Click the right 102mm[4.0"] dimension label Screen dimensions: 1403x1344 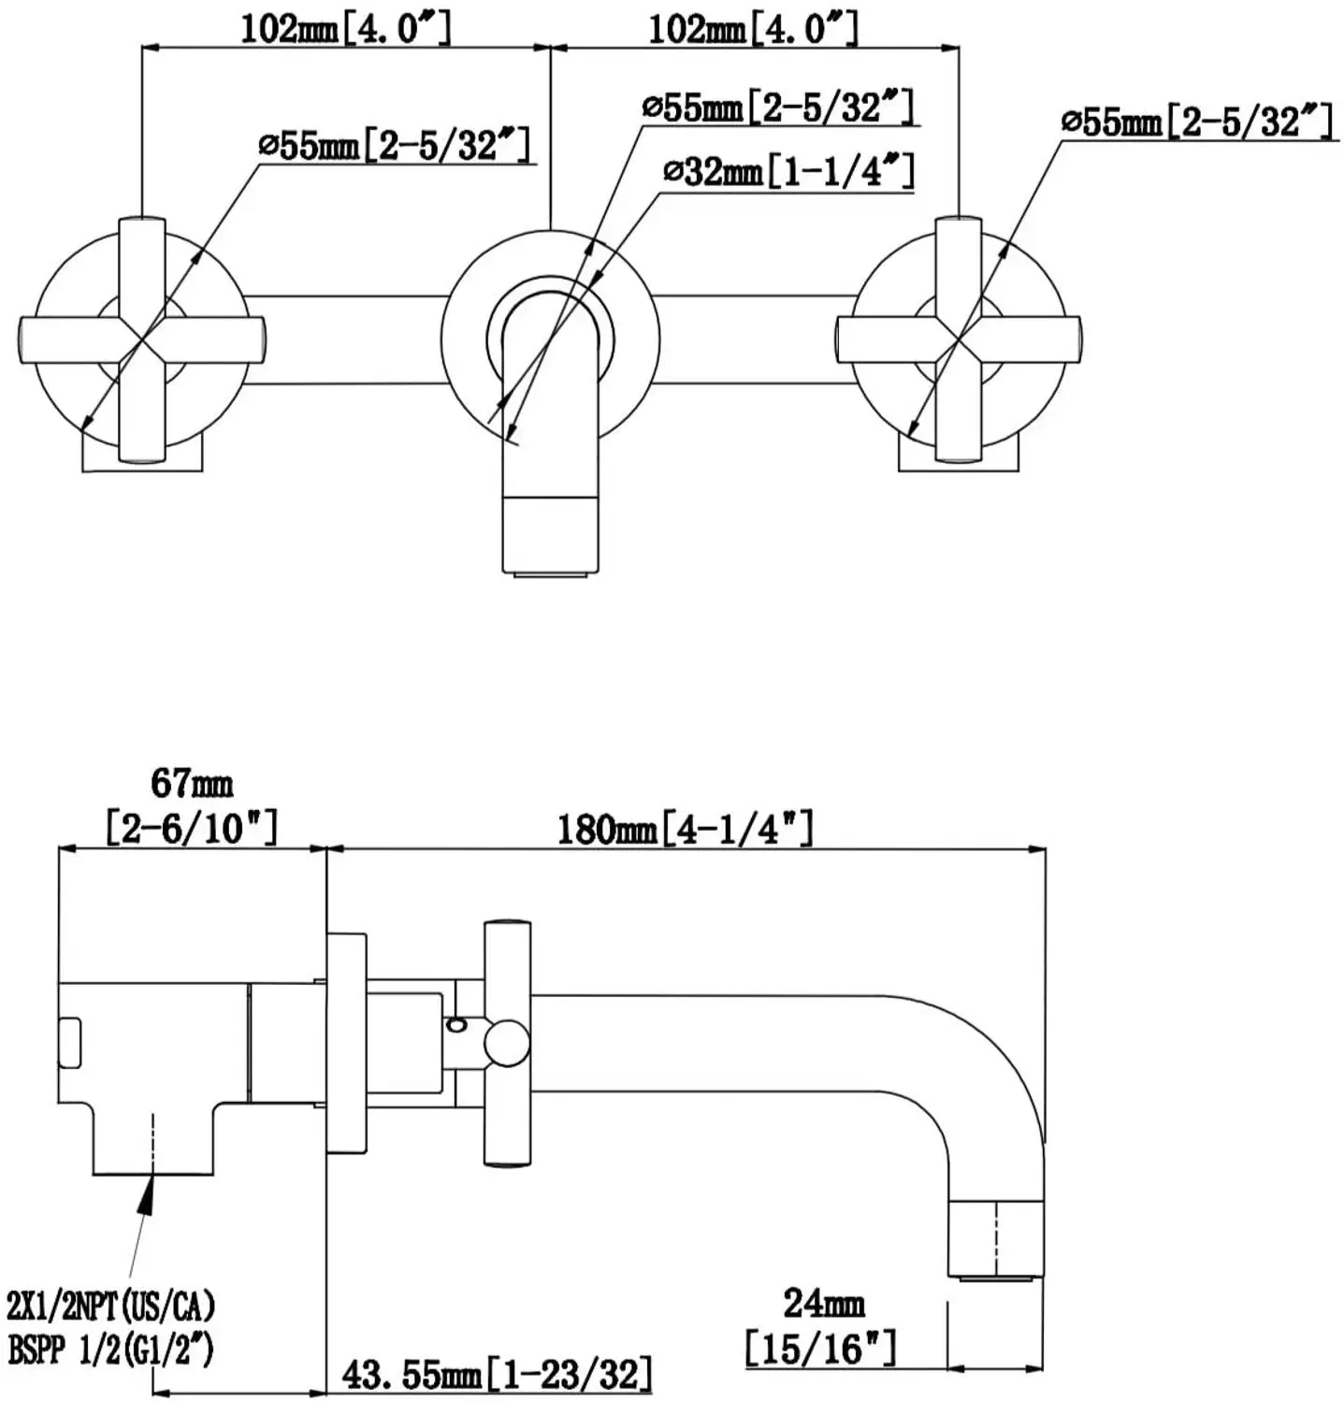(x=754, y=28)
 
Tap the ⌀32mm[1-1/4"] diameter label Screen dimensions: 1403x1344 (x=788, y=172)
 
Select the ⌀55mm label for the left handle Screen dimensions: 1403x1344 (x=394, y=145)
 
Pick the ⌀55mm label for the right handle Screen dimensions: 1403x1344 (x=1196, y=122)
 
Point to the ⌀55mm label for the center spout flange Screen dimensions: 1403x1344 (x=777, y=108)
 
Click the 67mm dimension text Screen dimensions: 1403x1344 (x=192, y=783)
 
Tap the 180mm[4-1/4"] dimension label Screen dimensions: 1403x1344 (x=685, y=829)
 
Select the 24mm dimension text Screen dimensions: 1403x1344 (x=823, y=1303)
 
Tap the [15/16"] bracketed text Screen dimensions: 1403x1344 (x=820, y=1348)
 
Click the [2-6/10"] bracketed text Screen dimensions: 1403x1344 (x=192, y=828)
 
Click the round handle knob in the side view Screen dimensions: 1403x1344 (x=505, y=1043)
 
